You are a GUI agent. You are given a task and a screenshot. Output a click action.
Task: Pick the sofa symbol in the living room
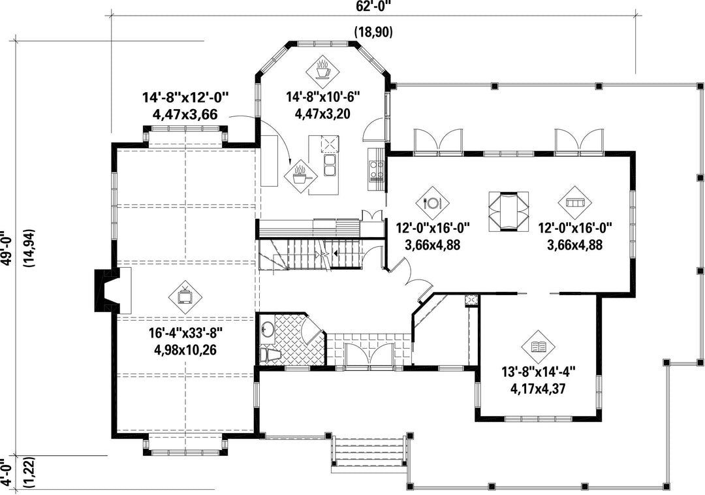tap(575, 202)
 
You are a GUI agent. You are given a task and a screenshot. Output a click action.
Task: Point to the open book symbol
tap(538, 347)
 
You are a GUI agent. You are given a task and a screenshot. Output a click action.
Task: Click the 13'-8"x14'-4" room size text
tap(539, 372)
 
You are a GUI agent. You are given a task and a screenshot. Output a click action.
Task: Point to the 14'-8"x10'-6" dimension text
tap(323, 97)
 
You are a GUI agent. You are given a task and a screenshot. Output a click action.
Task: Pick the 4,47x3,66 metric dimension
tap(185, 114)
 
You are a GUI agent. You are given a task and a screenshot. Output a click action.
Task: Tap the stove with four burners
tap(376, 165)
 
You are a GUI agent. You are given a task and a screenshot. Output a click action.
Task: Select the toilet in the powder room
tap(270, 355)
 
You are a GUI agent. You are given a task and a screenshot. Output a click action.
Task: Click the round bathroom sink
tap(268, 329)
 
